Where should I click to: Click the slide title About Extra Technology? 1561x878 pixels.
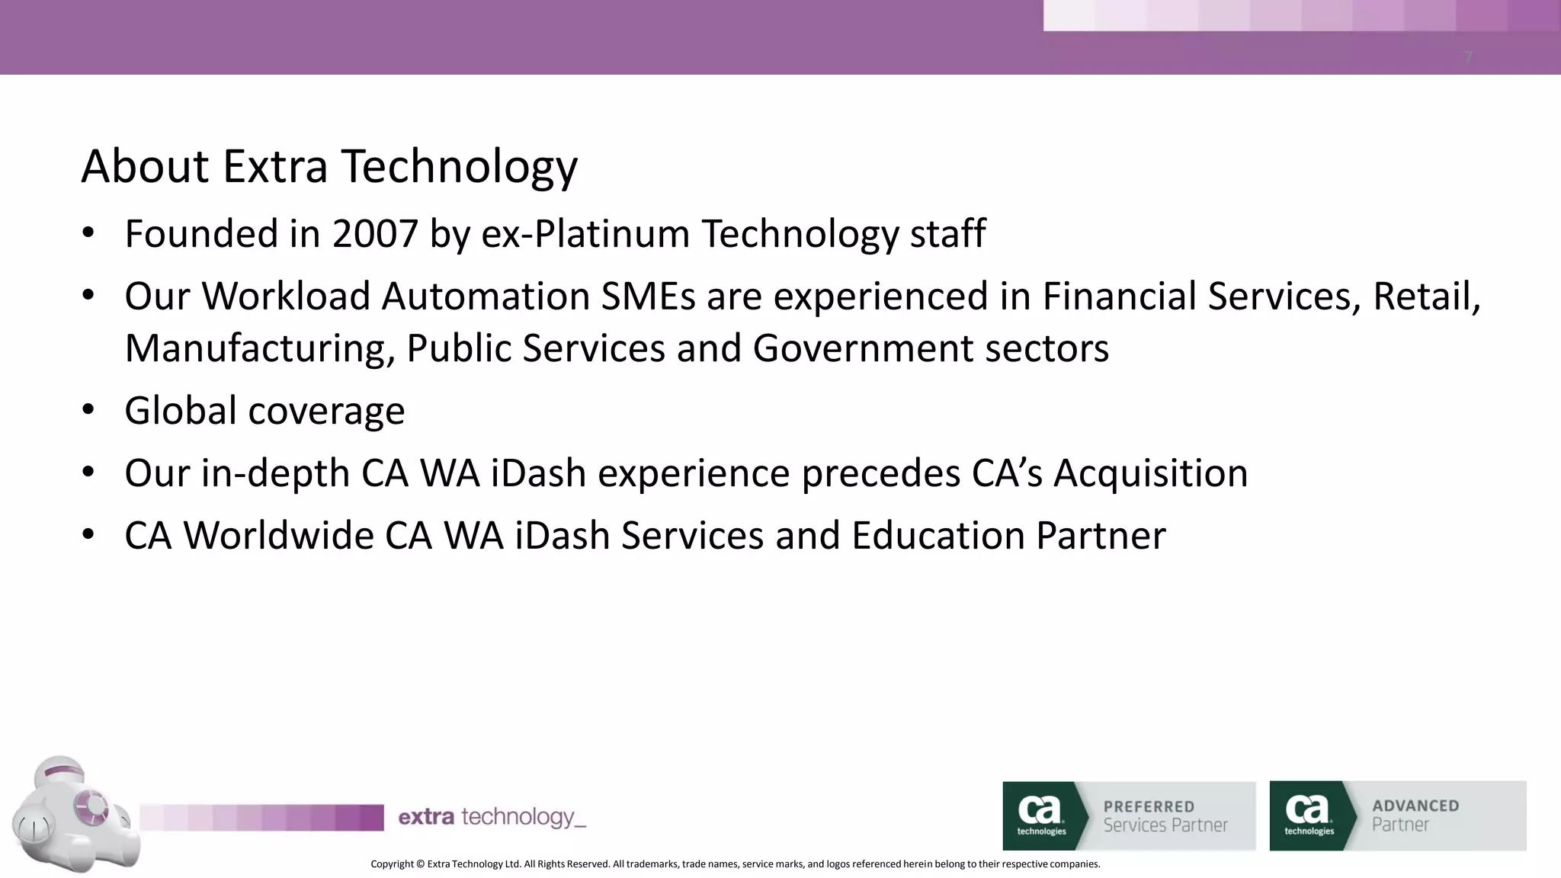329,166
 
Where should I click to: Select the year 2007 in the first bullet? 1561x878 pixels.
375,234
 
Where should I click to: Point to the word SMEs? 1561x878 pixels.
648,296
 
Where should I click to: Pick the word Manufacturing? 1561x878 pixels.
259,349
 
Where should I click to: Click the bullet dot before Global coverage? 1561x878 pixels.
88,410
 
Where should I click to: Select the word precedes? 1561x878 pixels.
880,473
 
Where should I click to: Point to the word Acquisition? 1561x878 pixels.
1150,473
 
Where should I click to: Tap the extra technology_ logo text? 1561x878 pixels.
492,818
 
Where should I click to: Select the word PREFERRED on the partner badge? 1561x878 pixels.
1149,806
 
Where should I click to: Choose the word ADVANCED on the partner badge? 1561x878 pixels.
1415,806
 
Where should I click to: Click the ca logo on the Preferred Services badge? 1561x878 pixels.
1040,814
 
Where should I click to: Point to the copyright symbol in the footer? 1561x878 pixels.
420,864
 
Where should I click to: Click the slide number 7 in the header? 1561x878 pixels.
1468,57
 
